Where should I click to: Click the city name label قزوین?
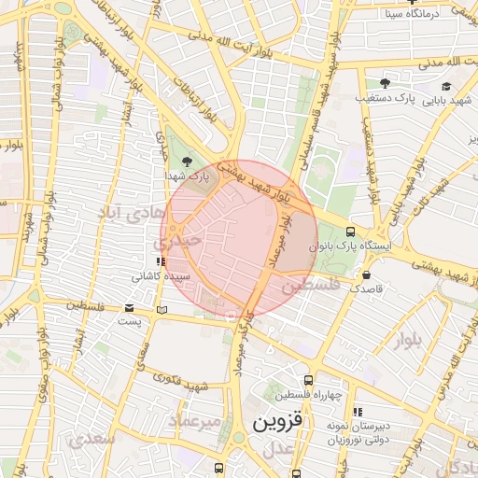[278, 423]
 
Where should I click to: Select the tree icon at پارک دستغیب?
[385, 83]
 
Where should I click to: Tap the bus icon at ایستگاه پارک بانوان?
[350, 232]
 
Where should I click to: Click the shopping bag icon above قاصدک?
[366, 275]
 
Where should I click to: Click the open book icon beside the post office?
[162, 309]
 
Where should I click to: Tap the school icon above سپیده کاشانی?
[161, 262]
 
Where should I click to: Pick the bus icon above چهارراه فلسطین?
[309, 379]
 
